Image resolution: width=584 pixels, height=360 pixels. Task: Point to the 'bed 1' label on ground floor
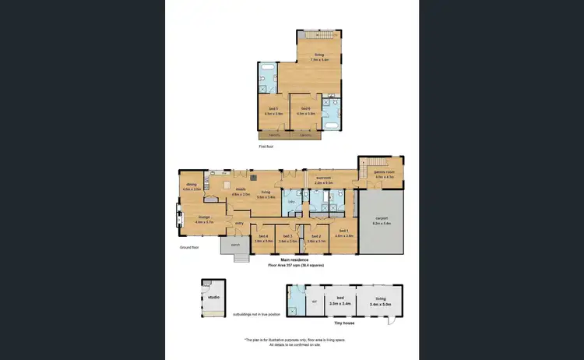coord(343,232)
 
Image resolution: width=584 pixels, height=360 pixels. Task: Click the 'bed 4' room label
coord(264,236)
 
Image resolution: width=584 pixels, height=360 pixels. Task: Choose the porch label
coord(234,242)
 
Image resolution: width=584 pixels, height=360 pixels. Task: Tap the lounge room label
coord(204,217)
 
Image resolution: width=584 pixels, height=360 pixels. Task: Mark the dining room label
coord(192,185)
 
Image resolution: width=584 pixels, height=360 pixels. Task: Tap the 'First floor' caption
coord(266,146)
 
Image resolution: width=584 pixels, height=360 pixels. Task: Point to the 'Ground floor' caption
coord(189,247)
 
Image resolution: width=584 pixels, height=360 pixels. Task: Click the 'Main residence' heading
coord(296,260)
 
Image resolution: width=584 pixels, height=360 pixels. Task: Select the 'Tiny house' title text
coord(343,322)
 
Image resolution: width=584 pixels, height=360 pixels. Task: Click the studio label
coord(213,297)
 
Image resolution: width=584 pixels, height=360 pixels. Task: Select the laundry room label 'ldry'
coord(291,202)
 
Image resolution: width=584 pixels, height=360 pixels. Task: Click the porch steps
coord(241,257)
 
